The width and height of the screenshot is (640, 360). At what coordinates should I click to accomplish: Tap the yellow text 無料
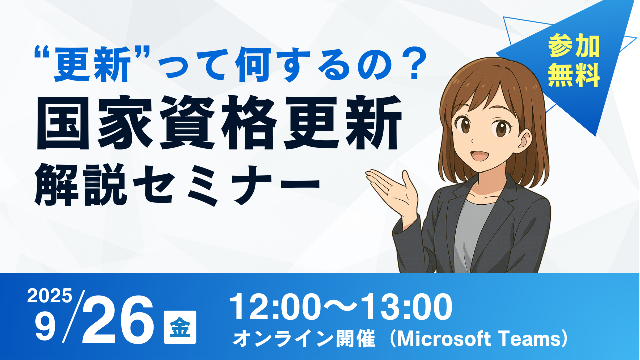pyautogui.click(x=573, y=77)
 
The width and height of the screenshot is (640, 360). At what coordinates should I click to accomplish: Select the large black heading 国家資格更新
pyautogui.click(x=219, y=122)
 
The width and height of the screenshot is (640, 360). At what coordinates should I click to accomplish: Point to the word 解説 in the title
pyautogui.click(x=81, y=185)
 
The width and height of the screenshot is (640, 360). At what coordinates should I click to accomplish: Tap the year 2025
pyautogui.click(x=49, y=296)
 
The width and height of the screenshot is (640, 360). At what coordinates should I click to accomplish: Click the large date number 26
pyautogui.click(x=117, y=320)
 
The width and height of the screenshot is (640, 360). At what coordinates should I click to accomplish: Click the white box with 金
pyautogui.click(x=180, y=327)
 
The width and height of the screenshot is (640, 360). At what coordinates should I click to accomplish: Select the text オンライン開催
pyautogui.click(x=304, y=339)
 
